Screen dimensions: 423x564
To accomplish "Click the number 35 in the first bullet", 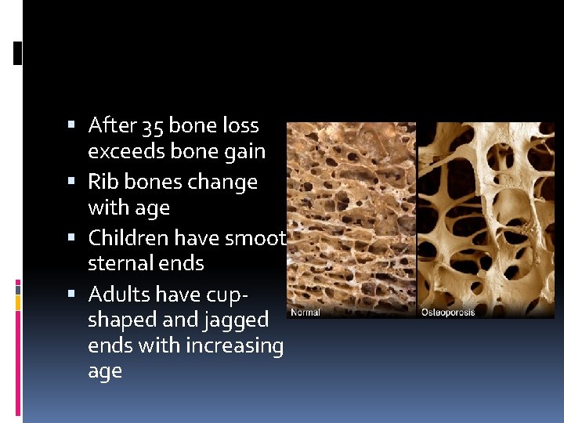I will [150, 125].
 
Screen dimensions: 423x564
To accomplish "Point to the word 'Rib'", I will [102, 182].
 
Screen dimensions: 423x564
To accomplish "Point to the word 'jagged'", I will [234, 320].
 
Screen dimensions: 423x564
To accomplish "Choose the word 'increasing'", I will [237, 345].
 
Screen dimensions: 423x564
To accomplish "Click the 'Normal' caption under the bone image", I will [305, 313].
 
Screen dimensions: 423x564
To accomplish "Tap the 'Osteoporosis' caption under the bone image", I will [448, 313].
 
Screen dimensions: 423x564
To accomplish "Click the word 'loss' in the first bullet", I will [240, 125].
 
